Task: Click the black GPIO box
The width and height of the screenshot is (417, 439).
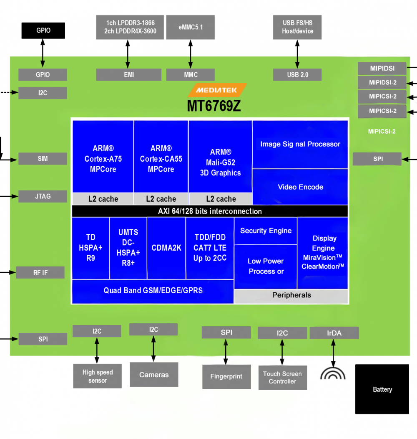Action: tap(43, 30)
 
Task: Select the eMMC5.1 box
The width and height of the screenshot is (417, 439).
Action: tap(190, 27)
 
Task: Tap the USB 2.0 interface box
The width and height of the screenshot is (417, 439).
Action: tap(297, 75)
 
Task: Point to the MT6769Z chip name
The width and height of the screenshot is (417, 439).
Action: tap(214, 106)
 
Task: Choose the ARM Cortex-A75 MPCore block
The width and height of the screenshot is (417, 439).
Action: tap(103, 159)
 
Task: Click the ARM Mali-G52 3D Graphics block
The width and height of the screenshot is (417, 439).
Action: tap(220, 162)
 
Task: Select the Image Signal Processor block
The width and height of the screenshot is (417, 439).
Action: tap(300, 144)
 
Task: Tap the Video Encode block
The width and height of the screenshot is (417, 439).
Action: tap(300, 187)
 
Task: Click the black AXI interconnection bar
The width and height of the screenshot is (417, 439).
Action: tap(209, 211)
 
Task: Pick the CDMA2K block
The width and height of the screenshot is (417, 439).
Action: tap(166, 248)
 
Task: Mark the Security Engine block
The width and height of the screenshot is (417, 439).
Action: tap(266, 231)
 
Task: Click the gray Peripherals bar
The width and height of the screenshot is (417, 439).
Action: tap(291, 295)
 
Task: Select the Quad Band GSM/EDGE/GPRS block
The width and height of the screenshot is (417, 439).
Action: tap(153, 290)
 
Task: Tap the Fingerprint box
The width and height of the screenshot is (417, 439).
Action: tap(226, 376)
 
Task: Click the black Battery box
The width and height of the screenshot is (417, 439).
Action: tap(382, 389)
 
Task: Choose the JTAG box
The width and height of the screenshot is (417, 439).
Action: tap(43, 196)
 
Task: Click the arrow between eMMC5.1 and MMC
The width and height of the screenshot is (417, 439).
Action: tap(191, 54)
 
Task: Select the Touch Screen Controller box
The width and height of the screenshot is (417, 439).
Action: tap(282, 378)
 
